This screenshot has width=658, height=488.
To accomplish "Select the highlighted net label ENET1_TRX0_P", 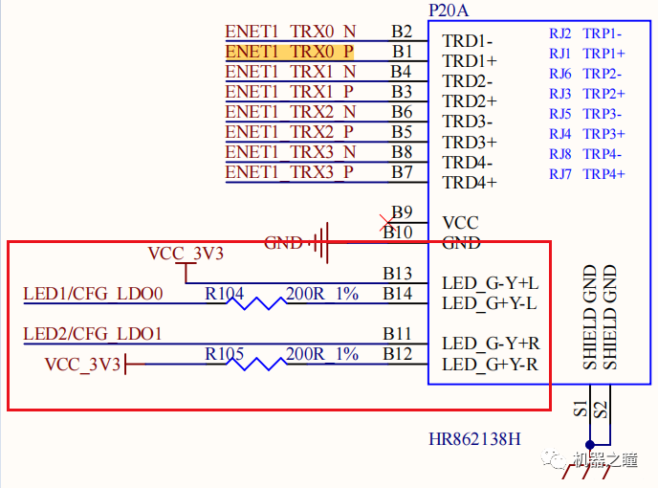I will point(290,52).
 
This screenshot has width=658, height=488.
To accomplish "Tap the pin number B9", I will point(402,212).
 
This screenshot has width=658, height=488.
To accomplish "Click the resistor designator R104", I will point(229,294).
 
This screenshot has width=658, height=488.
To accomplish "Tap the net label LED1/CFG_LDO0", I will point(94,294).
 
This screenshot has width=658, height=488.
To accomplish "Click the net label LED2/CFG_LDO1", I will point(94,334).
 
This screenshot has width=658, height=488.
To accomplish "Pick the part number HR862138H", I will point(474,440).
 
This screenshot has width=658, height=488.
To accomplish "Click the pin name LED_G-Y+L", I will point(490,284).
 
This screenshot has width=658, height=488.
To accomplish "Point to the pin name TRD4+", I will point(470,182).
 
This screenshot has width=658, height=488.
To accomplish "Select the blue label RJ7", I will point(559,174).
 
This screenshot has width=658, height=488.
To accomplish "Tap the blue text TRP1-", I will point(603,33).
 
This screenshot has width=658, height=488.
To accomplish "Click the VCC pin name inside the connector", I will point(460,223).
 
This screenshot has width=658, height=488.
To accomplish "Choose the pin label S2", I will point(601,410).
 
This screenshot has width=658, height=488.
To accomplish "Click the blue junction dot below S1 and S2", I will point(590,444).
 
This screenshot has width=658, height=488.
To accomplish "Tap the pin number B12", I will point(398,354).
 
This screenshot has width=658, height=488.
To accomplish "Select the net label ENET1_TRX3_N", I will point(290,152).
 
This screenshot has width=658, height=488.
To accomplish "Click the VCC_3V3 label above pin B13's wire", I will point(186,254).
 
